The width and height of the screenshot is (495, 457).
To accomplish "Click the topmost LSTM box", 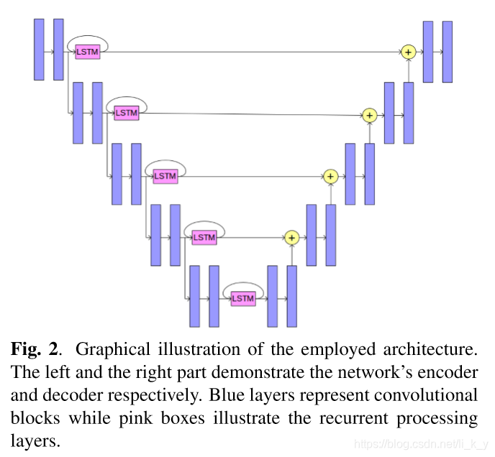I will coord(87,52).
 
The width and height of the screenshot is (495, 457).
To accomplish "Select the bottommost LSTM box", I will coord(243,298).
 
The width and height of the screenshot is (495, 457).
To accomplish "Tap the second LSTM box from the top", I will coord(126,114).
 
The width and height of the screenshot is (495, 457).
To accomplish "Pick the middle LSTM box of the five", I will coord(165,176).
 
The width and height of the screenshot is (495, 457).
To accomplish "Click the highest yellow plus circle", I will coord(409,52).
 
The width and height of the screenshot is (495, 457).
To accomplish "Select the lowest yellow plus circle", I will coord(291,237).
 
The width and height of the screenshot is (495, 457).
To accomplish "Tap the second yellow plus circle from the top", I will coord(369,114).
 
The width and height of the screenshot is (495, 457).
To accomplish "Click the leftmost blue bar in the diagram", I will coord(39,50).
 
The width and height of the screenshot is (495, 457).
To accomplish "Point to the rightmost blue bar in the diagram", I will coord(448,51).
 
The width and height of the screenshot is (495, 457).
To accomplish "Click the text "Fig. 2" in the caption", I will coord(33,350).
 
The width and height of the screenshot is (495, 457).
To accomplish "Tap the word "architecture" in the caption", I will coord(434,350).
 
